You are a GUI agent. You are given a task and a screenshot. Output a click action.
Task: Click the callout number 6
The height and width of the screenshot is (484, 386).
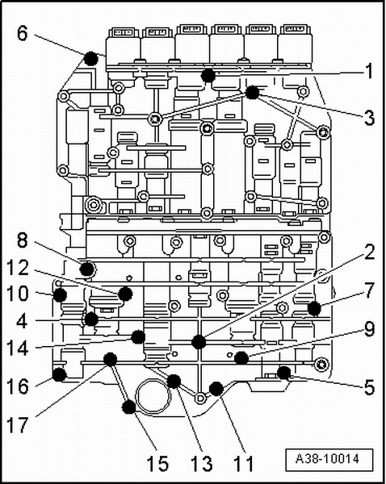(x=23, y=33)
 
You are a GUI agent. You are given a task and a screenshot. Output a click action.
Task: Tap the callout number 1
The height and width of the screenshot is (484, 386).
(x=369, y=71)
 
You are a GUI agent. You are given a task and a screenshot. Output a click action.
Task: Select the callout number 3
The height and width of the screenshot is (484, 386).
(x=370, y=118)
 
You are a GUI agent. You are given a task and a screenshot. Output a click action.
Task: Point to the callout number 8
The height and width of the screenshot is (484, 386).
(x=23, y=240)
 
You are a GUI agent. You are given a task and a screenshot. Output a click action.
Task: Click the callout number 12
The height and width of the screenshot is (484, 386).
(x=17, y=268)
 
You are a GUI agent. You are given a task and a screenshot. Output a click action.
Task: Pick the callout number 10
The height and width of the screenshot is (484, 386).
(x=18, y=294)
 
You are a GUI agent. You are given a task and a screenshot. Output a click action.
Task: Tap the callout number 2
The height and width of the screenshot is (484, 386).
(x=370, y=252)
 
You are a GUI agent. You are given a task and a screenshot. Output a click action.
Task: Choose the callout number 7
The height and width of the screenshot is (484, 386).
(x=370, y=290)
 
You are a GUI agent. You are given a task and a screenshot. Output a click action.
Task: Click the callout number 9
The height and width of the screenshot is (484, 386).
(x=370, y=329)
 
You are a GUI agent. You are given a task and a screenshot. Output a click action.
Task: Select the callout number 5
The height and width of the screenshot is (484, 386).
(x=370, y=387)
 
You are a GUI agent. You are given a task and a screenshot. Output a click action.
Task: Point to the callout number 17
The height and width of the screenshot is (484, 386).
(x=17, y=425)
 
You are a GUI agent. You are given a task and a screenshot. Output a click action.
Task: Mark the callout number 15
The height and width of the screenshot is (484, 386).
(x=157, y=463)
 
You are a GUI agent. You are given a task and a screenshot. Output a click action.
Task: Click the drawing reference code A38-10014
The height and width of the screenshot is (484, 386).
(x=329, y=459)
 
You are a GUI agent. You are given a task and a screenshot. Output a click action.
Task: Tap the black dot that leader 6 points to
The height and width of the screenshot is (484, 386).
(x=91, y=58)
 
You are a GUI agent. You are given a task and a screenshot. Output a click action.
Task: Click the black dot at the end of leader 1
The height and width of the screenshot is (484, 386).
(x=208, y=75)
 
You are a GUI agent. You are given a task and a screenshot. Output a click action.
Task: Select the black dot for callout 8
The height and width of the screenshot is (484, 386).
(x=87, y=269)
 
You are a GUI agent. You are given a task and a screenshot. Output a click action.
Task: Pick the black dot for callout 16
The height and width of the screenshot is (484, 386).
(x=59, y=375)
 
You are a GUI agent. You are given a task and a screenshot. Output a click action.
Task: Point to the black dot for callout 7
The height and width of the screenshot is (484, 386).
(x=314, y=308)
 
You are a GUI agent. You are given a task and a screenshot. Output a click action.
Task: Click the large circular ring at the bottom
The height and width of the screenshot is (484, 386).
(x=153, y=396)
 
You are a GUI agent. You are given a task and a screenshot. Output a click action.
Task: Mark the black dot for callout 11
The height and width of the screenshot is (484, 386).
(x=216, y=389)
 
